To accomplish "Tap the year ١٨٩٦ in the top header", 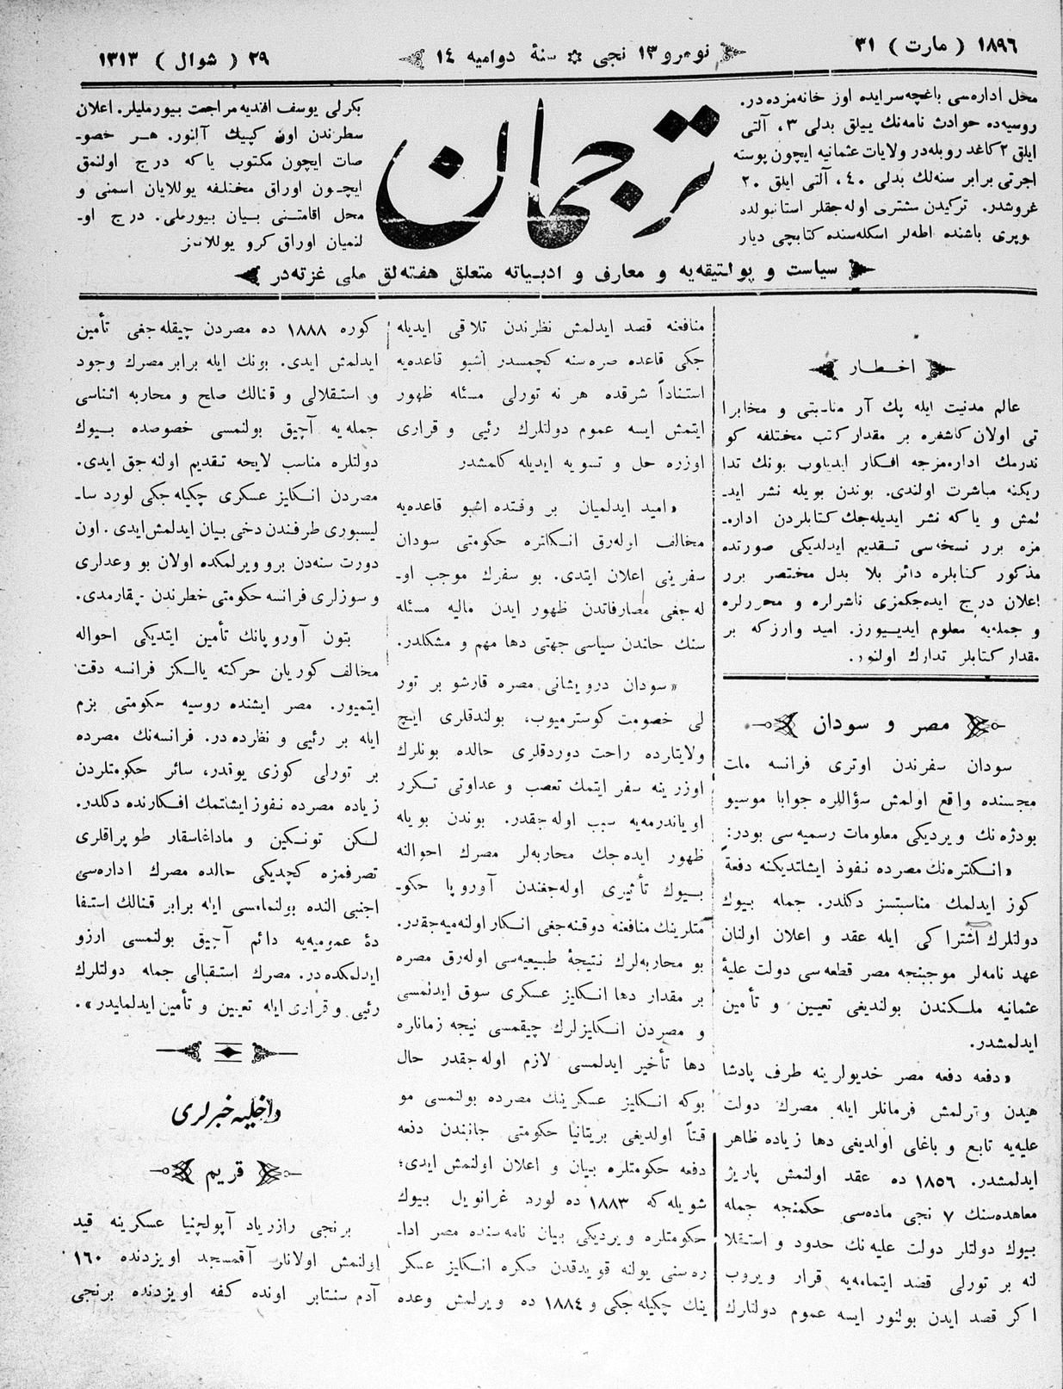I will [x=998, y=45].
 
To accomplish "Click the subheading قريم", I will [x=226, y=1173].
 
